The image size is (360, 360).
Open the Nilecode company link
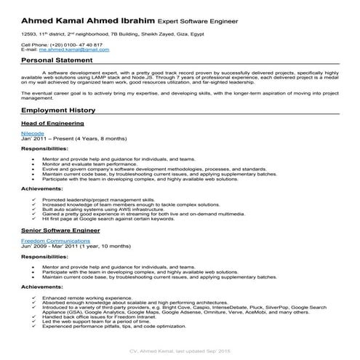click(x=33, y=135)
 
